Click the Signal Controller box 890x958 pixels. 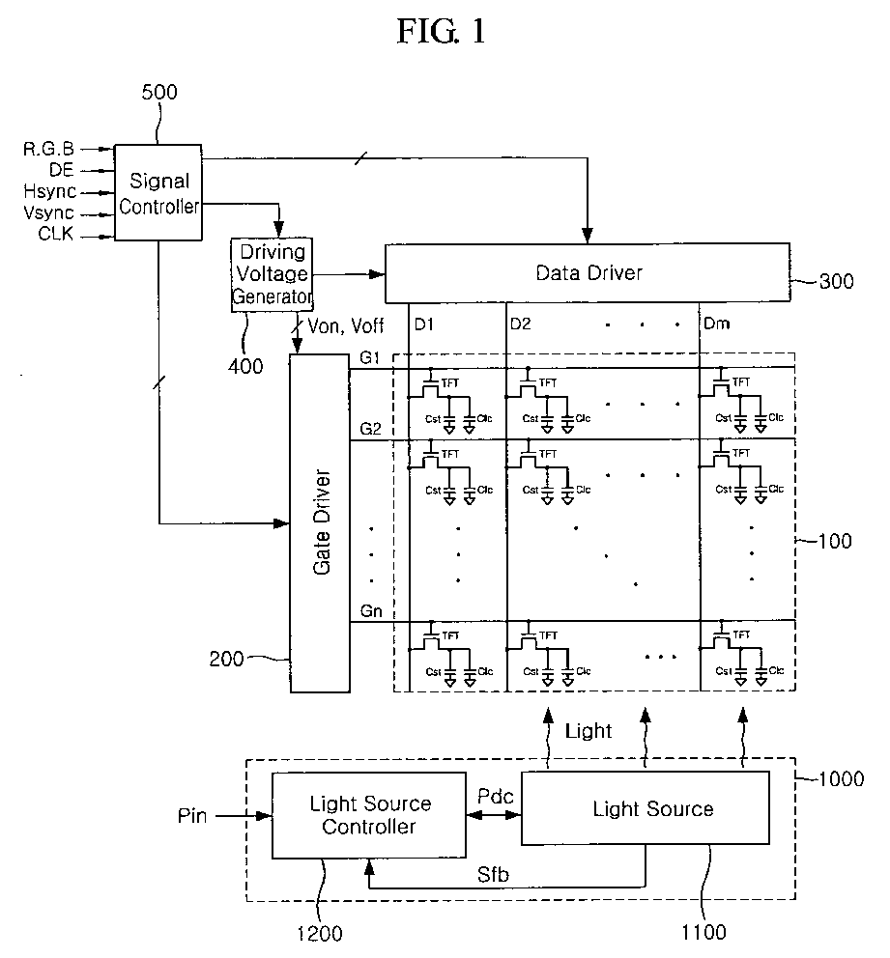158,192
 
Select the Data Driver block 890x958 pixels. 588,273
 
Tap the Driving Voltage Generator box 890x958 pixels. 272,275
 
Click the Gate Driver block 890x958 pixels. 320,523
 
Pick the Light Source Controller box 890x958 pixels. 368,815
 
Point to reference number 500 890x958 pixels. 159,93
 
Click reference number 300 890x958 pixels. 836,282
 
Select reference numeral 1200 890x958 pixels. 320,934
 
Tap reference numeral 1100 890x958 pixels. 703,932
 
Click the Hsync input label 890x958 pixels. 50,192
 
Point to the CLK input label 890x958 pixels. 56,234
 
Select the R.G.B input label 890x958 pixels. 49,149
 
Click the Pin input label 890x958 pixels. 192,816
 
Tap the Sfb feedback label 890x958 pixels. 493,875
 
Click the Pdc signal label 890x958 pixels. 495,796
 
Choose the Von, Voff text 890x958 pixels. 345,326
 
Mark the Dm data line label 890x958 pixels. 716,324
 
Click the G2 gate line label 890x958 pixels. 370,428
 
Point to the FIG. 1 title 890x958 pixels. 442,31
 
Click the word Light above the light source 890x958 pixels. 589,731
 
